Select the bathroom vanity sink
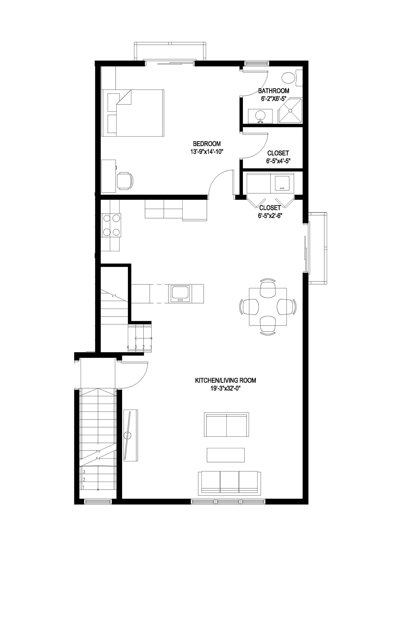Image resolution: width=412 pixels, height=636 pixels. [260, 116]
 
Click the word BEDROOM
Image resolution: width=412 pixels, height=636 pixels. [207, 144]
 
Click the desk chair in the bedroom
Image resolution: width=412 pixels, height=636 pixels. [125, 181]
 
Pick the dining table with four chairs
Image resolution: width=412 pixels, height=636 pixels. [268, 307]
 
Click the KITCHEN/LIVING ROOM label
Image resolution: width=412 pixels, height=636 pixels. [226, 380]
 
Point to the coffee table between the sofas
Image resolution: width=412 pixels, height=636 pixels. [226, 455]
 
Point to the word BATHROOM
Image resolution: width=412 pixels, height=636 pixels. [273, 91]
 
